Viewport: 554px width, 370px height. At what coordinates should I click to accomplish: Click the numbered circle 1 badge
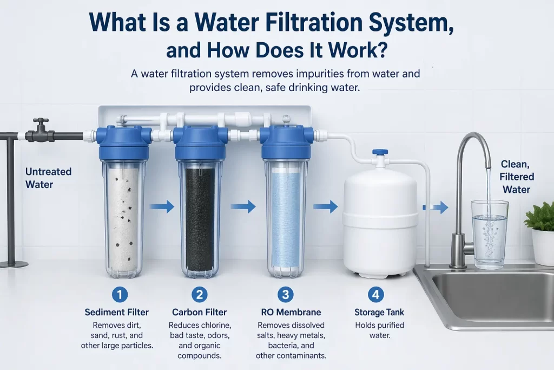120,295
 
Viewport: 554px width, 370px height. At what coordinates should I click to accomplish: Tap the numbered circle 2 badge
200,295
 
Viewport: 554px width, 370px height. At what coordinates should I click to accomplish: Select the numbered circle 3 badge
285,295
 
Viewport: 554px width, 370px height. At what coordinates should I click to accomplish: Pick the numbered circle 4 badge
375,295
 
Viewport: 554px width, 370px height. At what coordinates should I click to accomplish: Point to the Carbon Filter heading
200,312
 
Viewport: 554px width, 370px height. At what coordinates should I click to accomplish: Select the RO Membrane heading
285,312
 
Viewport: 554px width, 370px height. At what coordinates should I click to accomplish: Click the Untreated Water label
48,178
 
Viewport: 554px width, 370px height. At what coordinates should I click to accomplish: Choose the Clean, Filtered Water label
517,176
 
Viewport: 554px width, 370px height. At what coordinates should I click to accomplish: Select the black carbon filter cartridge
200,219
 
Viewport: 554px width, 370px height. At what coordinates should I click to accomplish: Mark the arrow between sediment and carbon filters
162,206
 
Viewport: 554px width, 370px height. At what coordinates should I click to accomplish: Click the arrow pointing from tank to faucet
436,207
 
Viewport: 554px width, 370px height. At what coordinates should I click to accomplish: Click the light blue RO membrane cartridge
284,219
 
